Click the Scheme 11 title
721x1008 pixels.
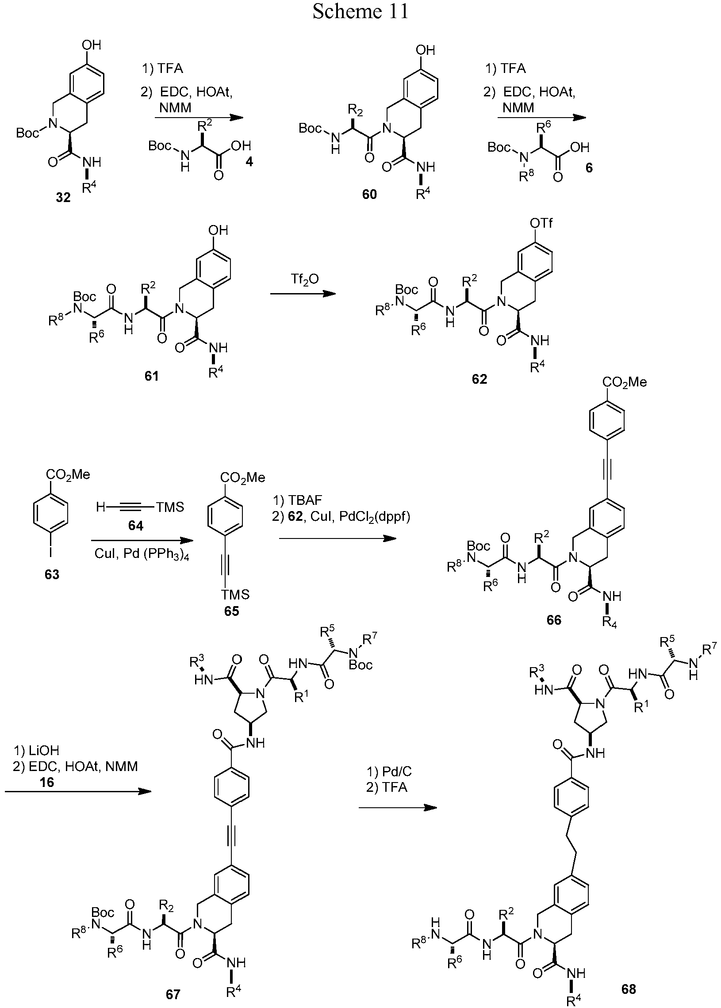(360, 11)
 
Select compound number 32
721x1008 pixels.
(63, 198)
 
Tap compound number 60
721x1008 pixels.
(369, 194)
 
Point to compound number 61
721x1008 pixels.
(151, 376)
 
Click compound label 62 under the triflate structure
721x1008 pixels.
(479, 379)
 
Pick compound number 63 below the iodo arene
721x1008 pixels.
(52, 575)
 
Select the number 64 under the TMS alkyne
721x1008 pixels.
(135, 526)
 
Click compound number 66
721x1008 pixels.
(554, 620)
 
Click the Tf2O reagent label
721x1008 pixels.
(306, 280)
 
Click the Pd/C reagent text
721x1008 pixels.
(389, 771)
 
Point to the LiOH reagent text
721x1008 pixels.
(36, 750)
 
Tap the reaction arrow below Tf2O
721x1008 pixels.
(303, 294)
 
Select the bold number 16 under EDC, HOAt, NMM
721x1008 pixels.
(46, 782)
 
